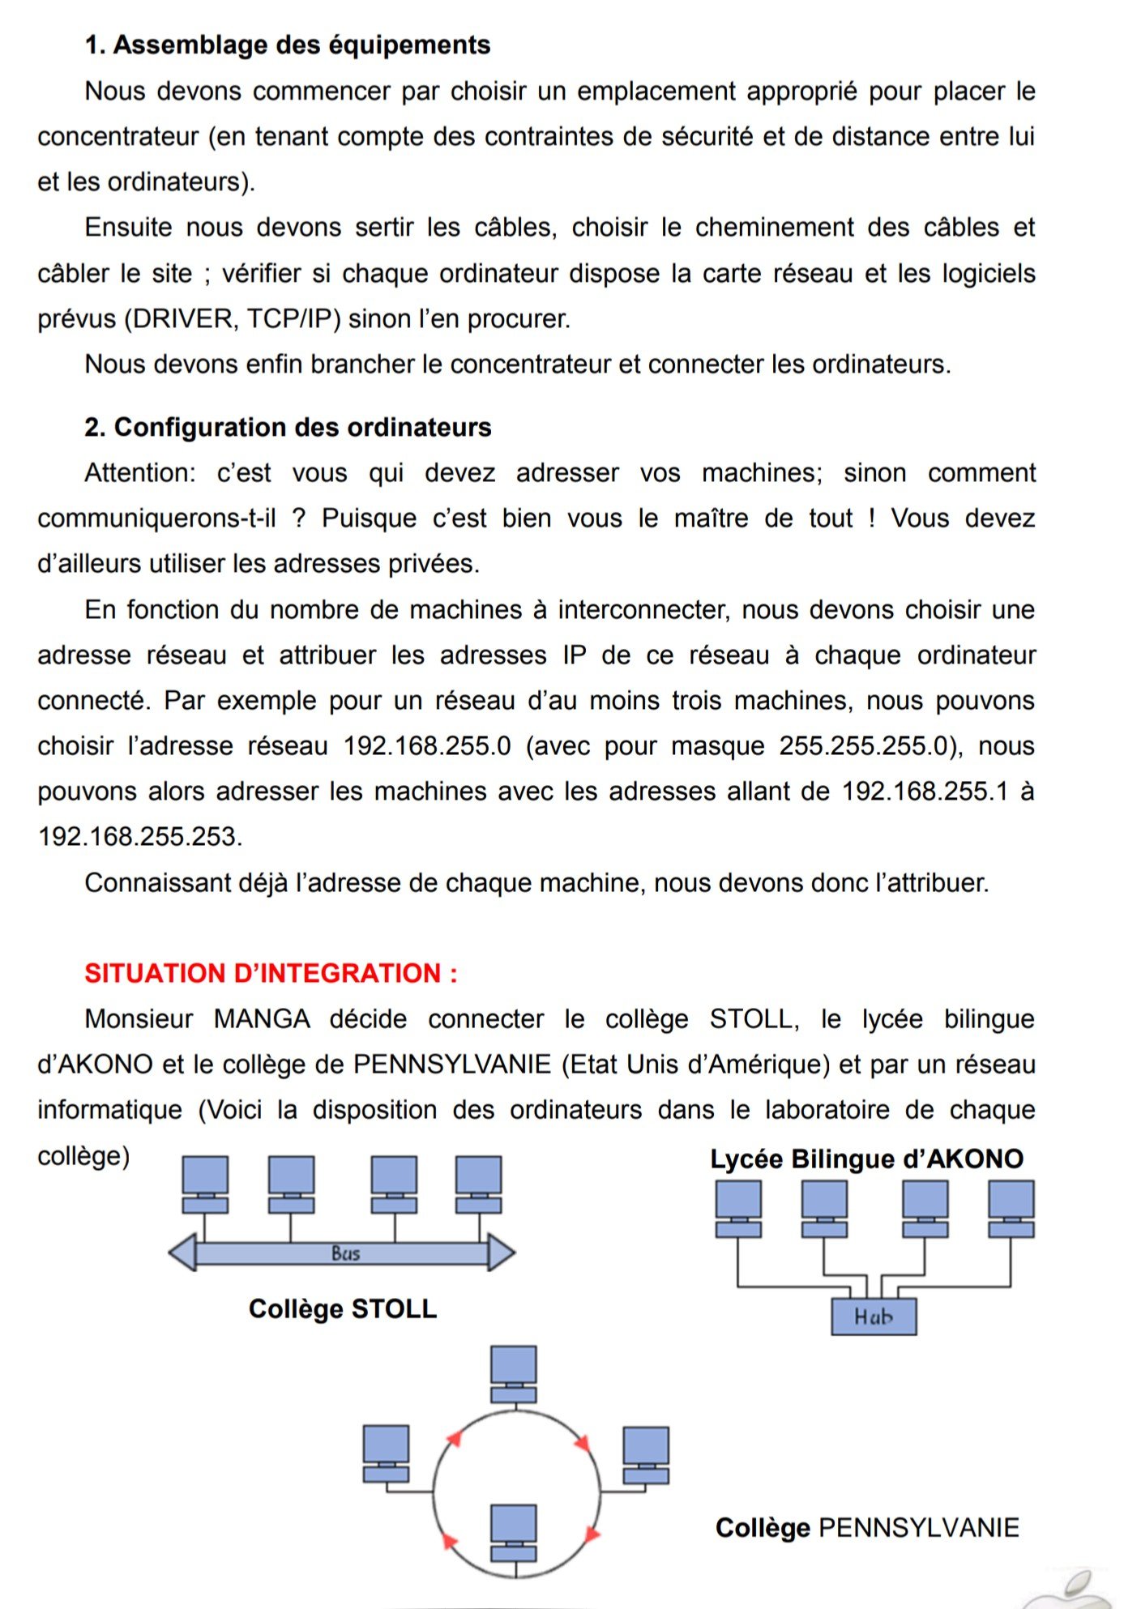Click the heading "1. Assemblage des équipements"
(x=288, y=45)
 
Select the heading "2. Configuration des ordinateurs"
(x=288, y=427)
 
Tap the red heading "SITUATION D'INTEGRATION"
(x=271, y=973)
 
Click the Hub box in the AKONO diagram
(x=874, y=1317)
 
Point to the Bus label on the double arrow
(x=345, y=1253)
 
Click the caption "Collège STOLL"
(x=343, y=1308)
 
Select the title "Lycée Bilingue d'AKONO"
(x=866, y=1159)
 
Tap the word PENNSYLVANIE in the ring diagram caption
(x=919, y=1527)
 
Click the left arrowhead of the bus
(x=183, y=1253)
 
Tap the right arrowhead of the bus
(x=500, y=1253)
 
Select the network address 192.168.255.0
(x=427, y=745)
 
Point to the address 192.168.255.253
(x=139, y=836)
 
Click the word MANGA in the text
(x=262, y=1018)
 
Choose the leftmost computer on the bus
(x=205, y=1184)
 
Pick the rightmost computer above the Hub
(x=1011, y=1208)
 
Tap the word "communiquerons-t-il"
(x=156, y=518)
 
